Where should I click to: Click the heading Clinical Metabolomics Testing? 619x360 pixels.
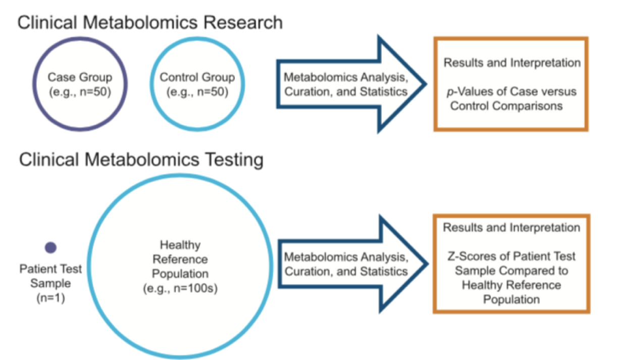(141, 161)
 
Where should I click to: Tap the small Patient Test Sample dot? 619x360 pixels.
(50, 247)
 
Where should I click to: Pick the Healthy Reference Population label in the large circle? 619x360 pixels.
(180, 259)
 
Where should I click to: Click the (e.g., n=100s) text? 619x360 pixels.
(180, 291)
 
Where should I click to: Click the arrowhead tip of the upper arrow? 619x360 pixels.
(427, 84)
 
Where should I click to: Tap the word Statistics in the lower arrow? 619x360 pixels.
(386, 271)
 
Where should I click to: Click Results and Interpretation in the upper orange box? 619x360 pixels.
(511, 64)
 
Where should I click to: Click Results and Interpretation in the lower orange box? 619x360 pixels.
(511, 228)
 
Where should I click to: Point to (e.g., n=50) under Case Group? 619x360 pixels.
(80, 91)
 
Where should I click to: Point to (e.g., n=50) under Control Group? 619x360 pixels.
(197, 91)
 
